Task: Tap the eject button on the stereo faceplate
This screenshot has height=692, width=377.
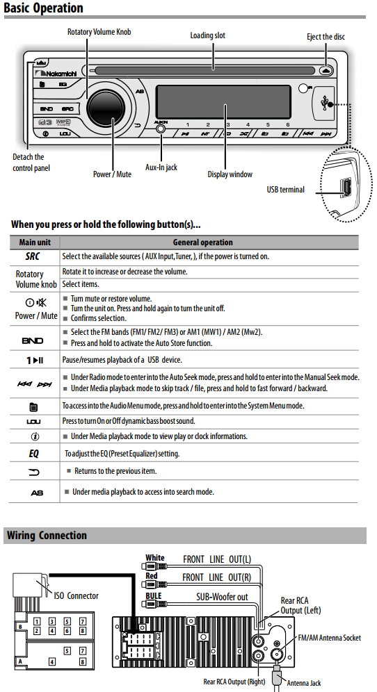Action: pyautogui.click(x=326, y=69)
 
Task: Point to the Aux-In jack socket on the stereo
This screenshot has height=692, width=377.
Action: pyautogui.click(x=161, y=129)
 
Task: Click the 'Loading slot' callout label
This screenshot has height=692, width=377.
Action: pyautogui.click(x=208, y=35)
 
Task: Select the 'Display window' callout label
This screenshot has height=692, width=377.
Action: pyautogui.click(x=230, y=174)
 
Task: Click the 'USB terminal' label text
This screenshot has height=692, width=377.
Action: pyautogui.click(x=285, y=190)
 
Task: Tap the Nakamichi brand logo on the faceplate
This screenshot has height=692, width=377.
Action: pyautogui.click(x=56, y=73)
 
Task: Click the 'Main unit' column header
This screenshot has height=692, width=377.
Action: pyautogui.click(x=35, y=242)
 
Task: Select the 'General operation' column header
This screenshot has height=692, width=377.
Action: pyautogui.click(x=203, y=242)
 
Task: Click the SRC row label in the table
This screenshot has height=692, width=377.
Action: pyautogui.click(x=32, y=256)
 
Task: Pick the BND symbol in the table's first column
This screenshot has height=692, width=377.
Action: pyautogui.click(x=33, y=340)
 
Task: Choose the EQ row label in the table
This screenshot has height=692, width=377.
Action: pyautogui.click(x=33, y=454)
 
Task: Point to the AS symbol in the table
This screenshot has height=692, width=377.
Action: pyautogui.click(x=37, y=493)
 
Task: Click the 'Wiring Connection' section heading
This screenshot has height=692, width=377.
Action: pyautogui.click(x=47, y=536)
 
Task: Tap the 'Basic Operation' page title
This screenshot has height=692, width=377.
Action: pyautogui.click(x=43, y=8)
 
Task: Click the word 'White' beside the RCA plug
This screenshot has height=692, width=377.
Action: pyautogui.click(x=155, y=558)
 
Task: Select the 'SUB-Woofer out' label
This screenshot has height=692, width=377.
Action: pyautogui.click(x=223, y=597)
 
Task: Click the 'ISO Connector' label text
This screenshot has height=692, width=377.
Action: pyautogui.click(x=76, y=596)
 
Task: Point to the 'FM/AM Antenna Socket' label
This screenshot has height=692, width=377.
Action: pyautogui.click(x=330, y=638)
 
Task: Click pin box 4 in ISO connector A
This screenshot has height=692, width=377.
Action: pyautogui.click(x=52, y=661)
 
